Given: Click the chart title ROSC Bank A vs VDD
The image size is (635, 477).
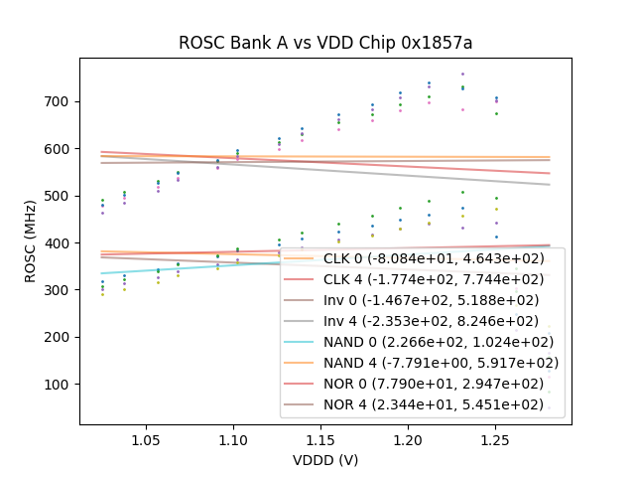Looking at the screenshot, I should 325,43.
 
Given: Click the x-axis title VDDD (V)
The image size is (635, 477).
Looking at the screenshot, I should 325,460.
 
